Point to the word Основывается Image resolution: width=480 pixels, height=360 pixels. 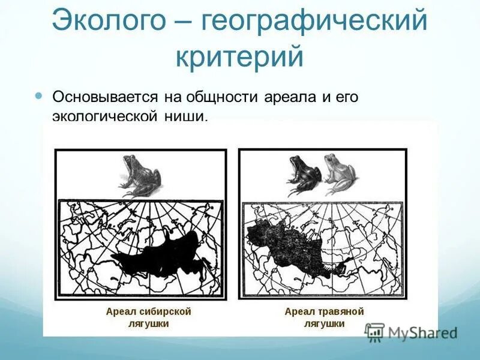click(104, 97)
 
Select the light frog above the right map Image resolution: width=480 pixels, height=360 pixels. click(339, 174)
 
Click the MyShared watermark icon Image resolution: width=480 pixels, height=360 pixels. click(374, 332)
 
